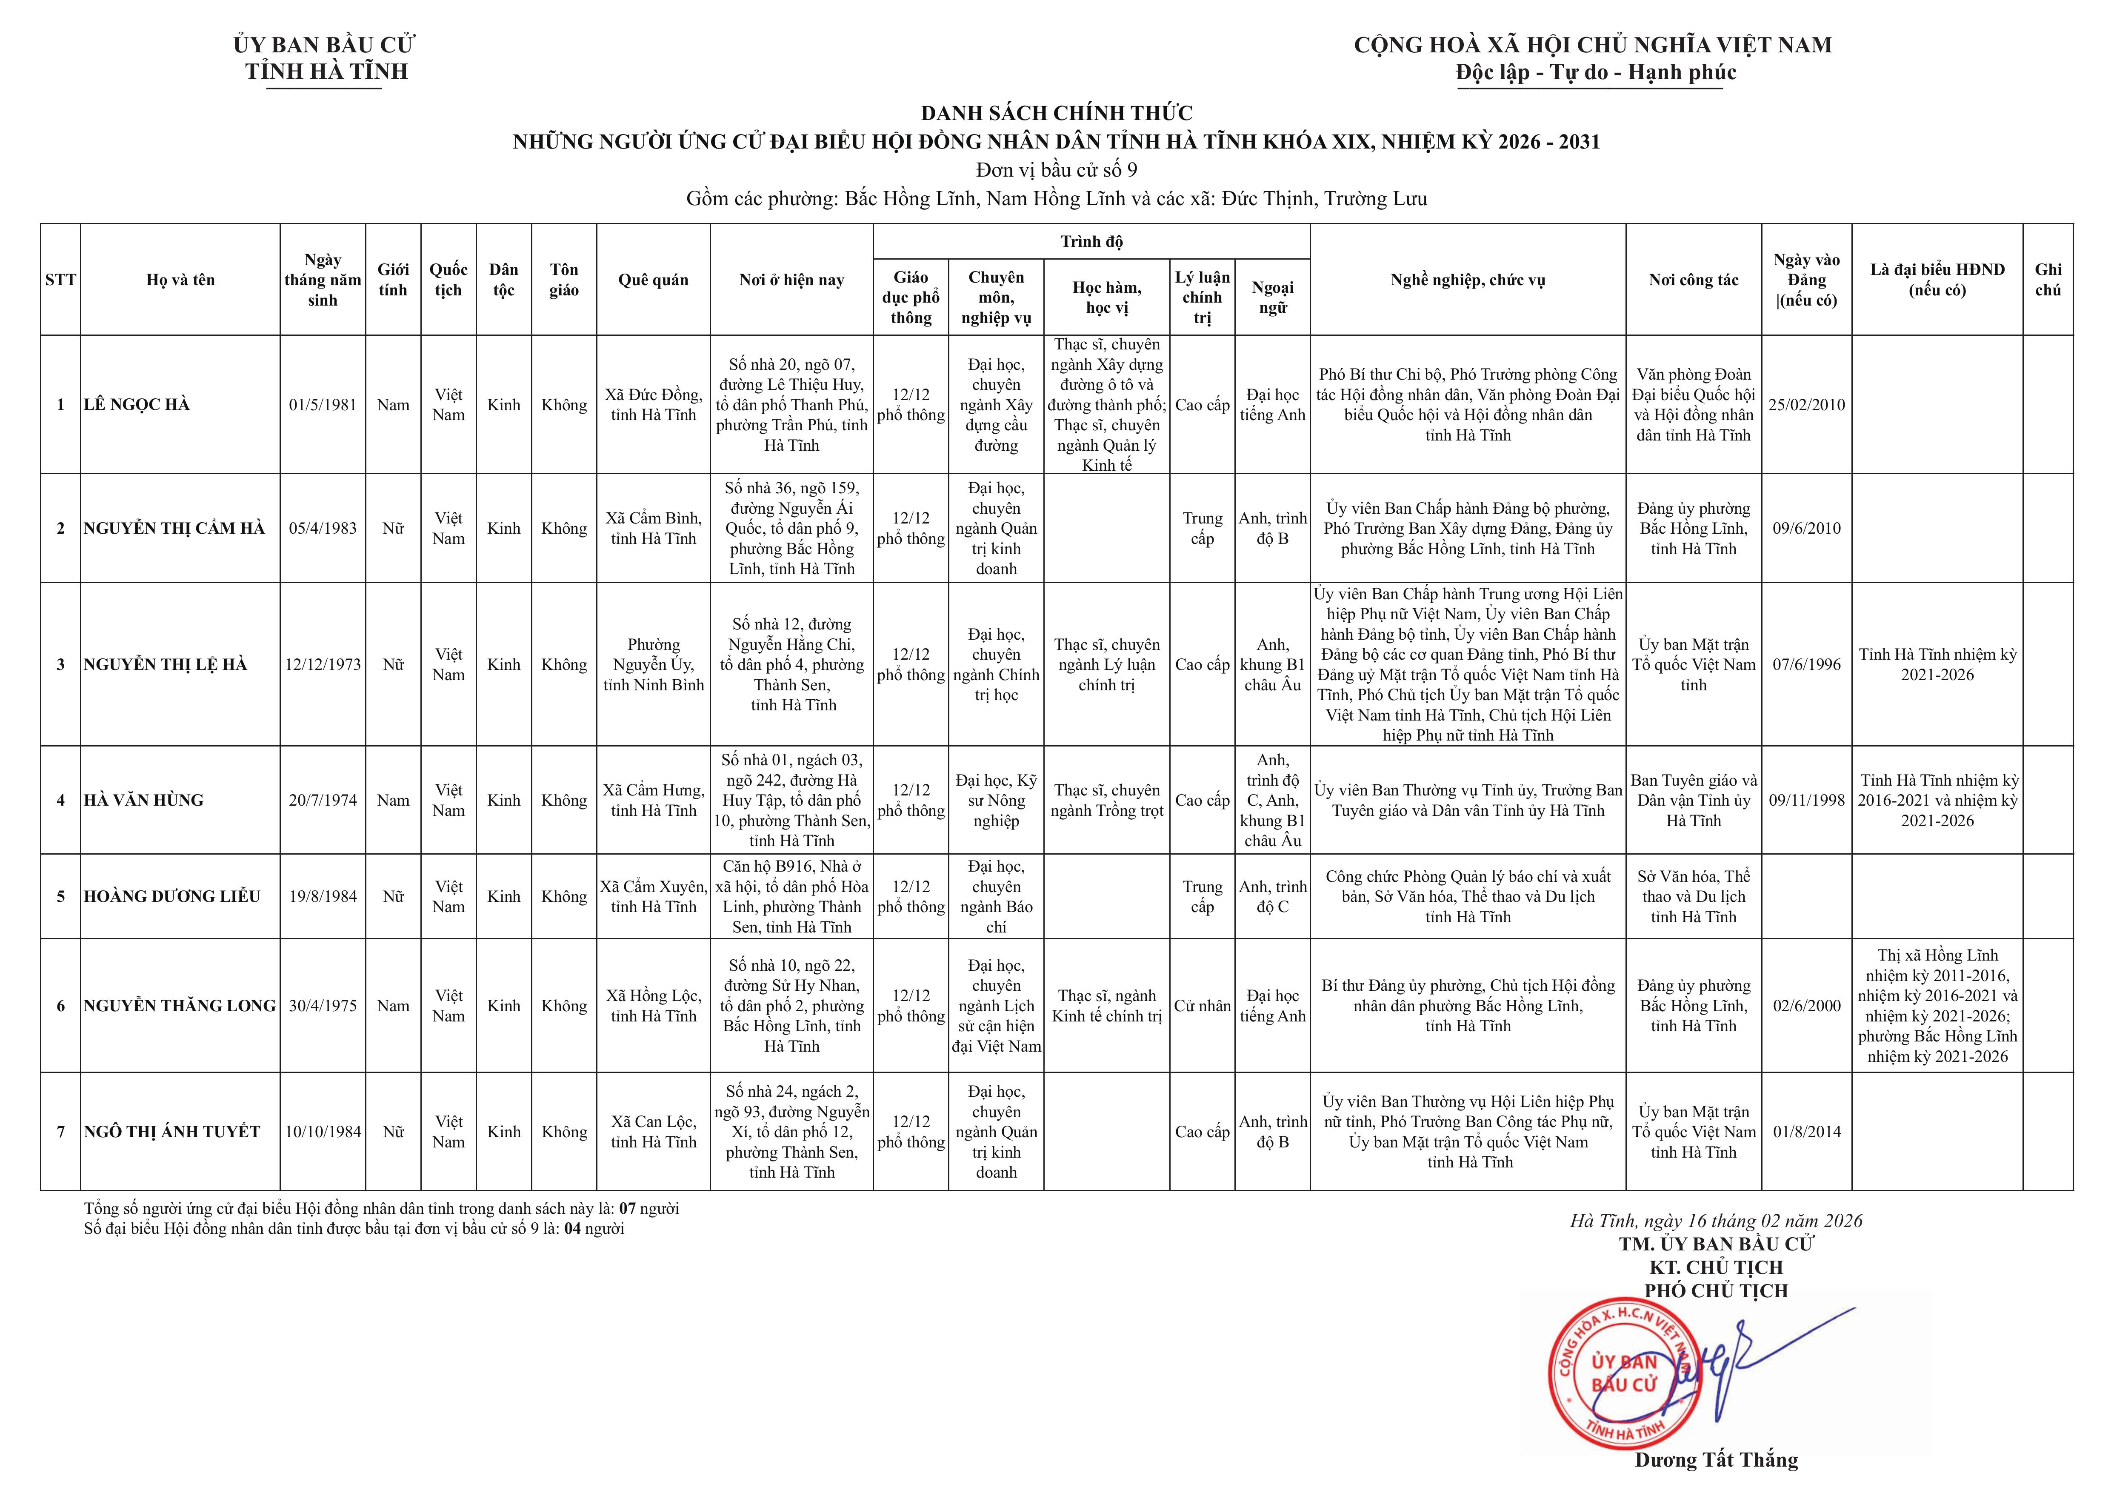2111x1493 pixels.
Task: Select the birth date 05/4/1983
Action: pyautogui.click(x=323, y=529)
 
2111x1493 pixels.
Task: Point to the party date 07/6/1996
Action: pyautogui.click(x=1807, y=665)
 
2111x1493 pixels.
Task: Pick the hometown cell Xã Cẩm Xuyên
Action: pyautogui.click(x=654, y=896)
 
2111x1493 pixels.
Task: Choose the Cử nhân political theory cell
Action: pyautogui.click(x=1202, y=1006)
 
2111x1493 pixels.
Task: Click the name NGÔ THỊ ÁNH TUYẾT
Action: pyautogui.click(x=172, y=1132)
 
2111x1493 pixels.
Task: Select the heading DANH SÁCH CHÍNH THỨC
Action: pyautogui.click(x=1057, y=113)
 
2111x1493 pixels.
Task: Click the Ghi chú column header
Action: pyautogui.click(x=2048, y=280)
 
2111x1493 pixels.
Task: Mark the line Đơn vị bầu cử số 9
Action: pyautogui.click(x=1057, y=170)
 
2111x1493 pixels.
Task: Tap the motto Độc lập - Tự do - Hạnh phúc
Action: pyautogui.click(x=1595, y=73)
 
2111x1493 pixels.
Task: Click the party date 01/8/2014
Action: pyautogui.click(x=1807, y=1132)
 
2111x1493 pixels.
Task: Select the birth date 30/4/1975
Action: pyautogui.click(x=323, y=1006)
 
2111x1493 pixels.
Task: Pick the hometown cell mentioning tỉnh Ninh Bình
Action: pyautogui.click(x=654, y=665)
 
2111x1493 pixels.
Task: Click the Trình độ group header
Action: pyautogui.click(x=1091, y=242)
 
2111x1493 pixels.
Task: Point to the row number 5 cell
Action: pyautogui.click(x=61, y=896)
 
